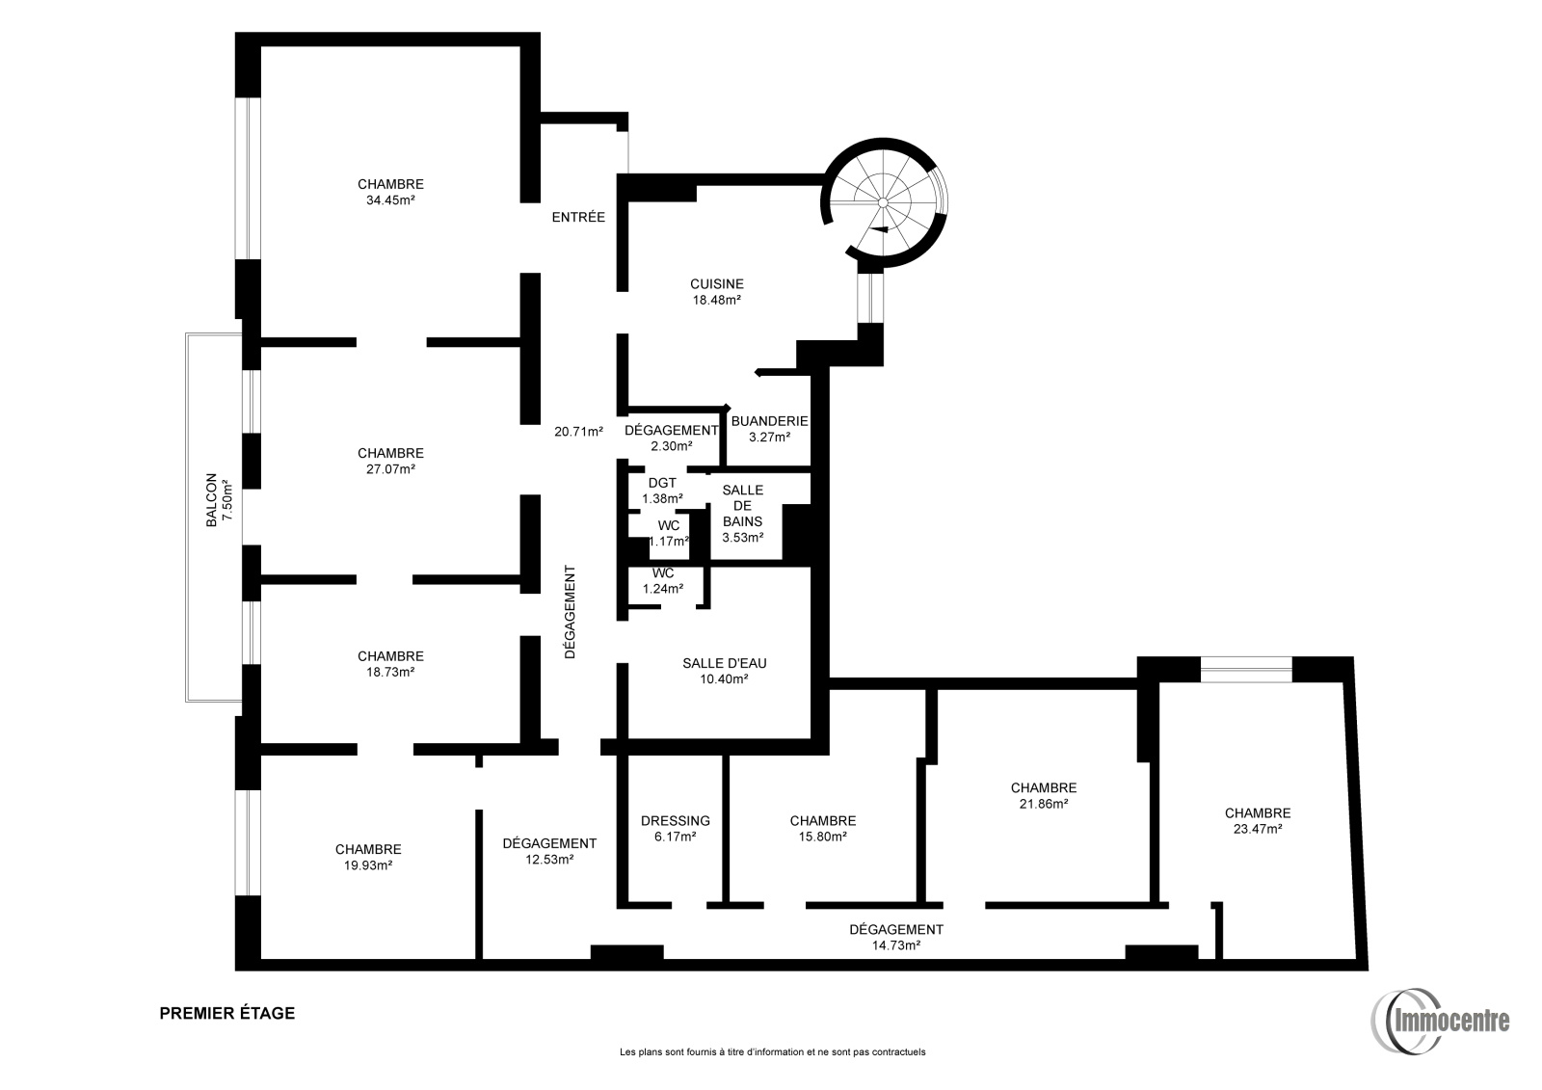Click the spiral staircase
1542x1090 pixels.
(884, 202)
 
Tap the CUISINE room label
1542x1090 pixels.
(717, 283)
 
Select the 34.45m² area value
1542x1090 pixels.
(390, 200)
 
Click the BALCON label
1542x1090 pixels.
(211, 500)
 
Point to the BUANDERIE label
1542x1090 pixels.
(769, 421)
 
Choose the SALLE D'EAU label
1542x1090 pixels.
(724, 663)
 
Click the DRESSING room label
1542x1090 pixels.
(675, 821)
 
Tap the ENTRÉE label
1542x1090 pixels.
(578, 217)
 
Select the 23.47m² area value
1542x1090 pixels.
(1257, 829)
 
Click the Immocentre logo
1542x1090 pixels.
(1440, 1022)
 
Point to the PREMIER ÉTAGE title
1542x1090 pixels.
(227, 1013)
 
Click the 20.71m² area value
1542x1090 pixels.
(578, 432)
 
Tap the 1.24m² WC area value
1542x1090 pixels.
(663, 589)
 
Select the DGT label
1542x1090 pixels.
(662, 484)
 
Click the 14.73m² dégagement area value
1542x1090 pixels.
(896, 945)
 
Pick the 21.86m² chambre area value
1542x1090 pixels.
(1044, 804)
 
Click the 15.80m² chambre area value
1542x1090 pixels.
(823, 837)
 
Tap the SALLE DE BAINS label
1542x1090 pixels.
(743, 506)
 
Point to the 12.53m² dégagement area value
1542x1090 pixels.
(549, 860)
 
